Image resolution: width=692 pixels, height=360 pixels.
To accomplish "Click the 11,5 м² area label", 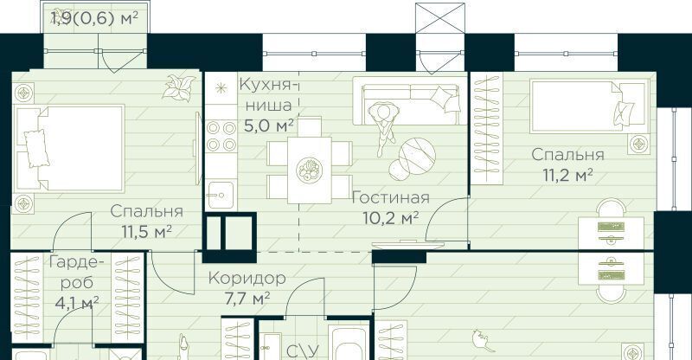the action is point(146,231).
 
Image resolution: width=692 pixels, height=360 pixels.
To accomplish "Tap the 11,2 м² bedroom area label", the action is point(567,175).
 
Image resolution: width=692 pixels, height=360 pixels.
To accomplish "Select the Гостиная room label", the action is point(390,197).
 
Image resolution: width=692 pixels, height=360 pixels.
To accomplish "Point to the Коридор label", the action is point(247,279).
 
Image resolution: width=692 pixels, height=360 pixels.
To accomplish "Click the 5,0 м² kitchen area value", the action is point(269,125).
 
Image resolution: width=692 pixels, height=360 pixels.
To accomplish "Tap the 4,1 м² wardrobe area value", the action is point(77,303).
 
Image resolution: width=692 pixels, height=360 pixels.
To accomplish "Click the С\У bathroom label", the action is point(302,351).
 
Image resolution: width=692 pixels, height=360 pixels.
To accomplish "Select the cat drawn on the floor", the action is point(480,339).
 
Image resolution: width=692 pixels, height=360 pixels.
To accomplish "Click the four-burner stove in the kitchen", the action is point(221,137).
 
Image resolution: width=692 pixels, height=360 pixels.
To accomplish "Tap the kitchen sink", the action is point(221,195).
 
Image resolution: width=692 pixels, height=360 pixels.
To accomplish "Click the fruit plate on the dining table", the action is point(309,170).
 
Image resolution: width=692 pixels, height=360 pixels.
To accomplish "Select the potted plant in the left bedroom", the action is point(178,87).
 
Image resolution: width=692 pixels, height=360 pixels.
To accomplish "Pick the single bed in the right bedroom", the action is point(590,106).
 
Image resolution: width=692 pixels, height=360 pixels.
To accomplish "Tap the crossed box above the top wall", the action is point(440,18).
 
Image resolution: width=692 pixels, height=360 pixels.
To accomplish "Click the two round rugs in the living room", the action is point(413,158).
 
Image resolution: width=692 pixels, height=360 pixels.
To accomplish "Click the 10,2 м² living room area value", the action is point(390,217).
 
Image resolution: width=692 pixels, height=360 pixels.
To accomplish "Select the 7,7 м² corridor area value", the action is point(247,299).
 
